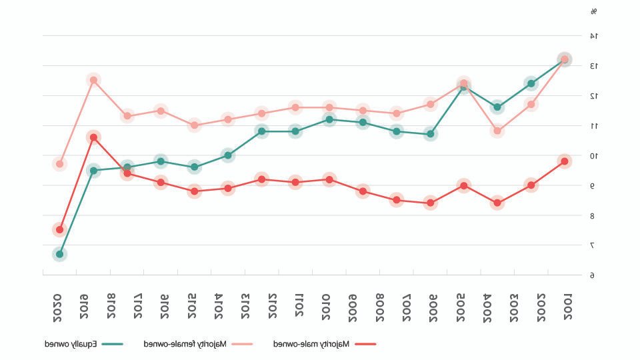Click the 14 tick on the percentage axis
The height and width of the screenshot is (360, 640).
pos(593,36)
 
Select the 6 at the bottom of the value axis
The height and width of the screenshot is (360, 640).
pos(592,275)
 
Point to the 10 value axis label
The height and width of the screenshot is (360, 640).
pos(593,156)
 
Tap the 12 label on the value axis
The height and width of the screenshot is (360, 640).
pos(593,96)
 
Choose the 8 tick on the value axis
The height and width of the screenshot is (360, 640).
pos(592,216)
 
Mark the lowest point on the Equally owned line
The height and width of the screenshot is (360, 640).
pos(60,254)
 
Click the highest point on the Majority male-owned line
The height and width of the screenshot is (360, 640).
pos(93,137)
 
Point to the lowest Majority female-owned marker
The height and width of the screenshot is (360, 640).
pos(60,163)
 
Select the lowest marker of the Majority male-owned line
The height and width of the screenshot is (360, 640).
pos(60,229)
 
